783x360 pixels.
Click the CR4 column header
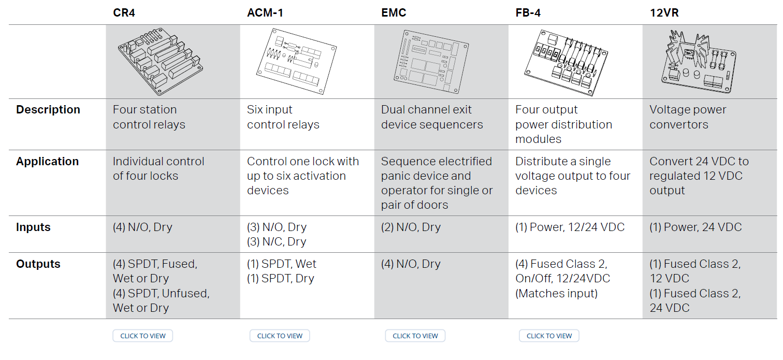(x=124, y=13)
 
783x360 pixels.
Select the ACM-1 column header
(x=265, y=13)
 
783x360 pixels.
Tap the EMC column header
(x=394, y=13)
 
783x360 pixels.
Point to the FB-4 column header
(x=528, y=13)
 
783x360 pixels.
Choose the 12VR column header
(x=664, y=13)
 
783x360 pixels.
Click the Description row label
(x=48, y=110)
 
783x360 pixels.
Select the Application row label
(x=47, y=162)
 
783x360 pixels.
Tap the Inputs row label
(x=33, y=227)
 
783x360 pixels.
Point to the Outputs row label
(x=38, y=264)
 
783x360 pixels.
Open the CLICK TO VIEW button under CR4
(x=142, y=336)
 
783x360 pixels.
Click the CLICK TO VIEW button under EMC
(x=415, y=336)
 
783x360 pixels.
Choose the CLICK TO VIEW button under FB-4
(x=549, y=336)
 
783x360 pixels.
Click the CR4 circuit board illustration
(x=161, y=62)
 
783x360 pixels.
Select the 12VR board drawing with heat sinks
(x=699, y=62)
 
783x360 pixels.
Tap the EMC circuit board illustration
(x=431, y=62)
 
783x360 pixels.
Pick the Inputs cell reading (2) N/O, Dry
(x=411, y=227)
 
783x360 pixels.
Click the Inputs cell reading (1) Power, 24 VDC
(x=695, y=227)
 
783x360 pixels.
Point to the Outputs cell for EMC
(x=411, y=264)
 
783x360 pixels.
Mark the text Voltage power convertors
(x=688, y=117)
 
